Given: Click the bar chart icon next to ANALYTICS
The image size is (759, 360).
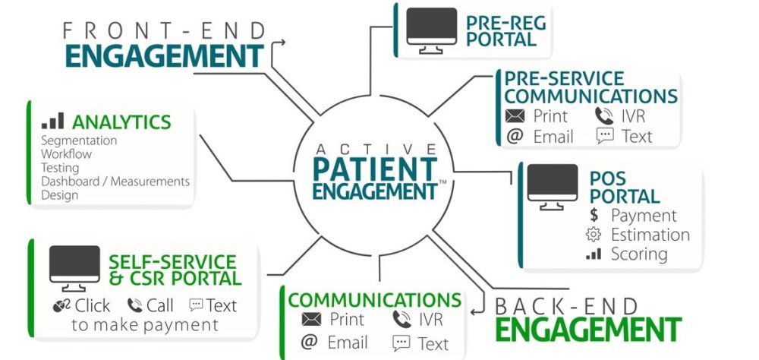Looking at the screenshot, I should tap(52, 122).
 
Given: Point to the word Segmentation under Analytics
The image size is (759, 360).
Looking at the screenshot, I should tap(78, 141).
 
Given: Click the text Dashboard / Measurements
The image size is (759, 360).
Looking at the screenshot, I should tap(115, 182).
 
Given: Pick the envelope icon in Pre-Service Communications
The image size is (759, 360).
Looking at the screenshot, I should tap(515, 116).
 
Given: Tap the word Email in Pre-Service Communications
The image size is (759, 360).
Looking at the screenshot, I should tap(553, 136).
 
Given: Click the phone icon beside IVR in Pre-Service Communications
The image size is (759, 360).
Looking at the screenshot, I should tap(604, 116).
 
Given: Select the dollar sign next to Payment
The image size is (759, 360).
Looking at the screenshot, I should tap(594, 216).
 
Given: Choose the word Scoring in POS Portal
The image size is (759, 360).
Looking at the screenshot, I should tap(639, 254).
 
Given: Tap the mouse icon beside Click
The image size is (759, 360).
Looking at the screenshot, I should tap(61, 306).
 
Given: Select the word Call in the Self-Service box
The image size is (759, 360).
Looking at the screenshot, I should tap(159, 305).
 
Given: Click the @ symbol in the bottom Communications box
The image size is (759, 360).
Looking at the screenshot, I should tap(309, 342).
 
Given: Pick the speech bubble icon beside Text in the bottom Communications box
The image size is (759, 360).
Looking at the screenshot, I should tap(402, 343).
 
